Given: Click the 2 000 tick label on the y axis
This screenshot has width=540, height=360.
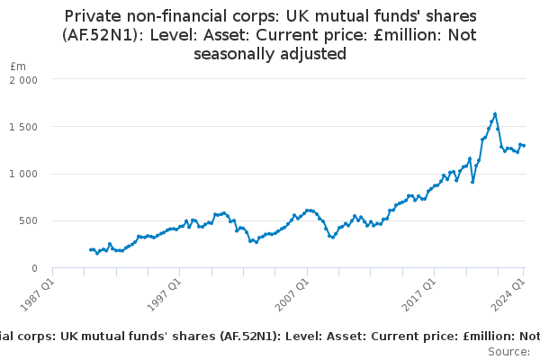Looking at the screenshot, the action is (x=23, y=80).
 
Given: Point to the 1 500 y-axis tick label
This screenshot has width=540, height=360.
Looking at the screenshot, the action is (x=23, y=127).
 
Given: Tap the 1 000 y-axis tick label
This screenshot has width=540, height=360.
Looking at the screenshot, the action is (x=23, y=174).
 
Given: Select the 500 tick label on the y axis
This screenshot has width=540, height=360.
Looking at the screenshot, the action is (x=28, y=220).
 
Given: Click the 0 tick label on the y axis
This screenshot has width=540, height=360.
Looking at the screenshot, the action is (x=34, y=268).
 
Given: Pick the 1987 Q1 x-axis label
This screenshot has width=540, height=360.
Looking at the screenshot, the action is (x=38, y=295).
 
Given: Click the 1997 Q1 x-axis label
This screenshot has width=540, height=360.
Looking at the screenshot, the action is (x=165, y=295).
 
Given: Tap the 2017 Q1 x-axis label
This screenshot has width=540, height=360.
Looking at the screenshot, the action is (x=419, y=295).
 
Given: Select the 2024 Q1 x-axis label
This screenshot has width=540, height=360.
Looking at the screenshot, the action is (x=508, y=295).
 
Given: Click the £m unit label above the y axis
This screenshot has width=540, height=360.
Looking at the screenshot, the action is (x=18, y=66).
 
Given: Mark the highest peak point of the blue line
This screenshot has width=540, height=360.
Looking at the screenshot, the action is (x=495, y=113).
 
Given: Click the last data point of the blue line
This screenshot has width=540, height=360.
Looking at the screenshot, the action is (x=524, y=146).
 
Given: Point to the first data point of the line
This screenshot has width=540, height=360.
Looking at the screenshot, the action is (x=91, y=250).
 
